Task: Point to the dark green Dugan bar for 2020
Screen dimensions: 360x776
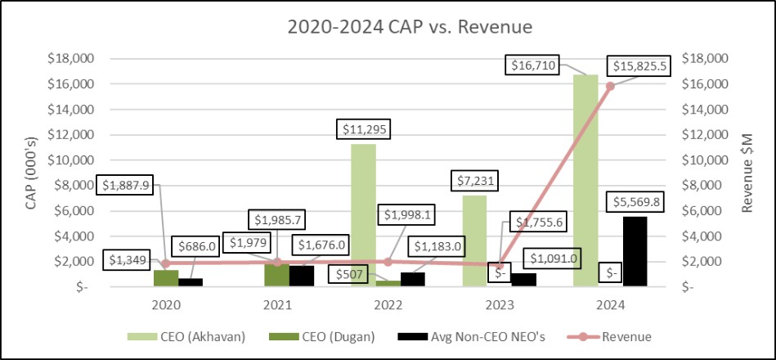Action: point(166,278)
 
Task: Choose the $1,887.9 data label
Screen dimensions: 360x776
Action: point(128,184)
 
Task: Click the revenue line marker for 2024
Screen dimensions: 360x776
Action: point(610,86)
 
